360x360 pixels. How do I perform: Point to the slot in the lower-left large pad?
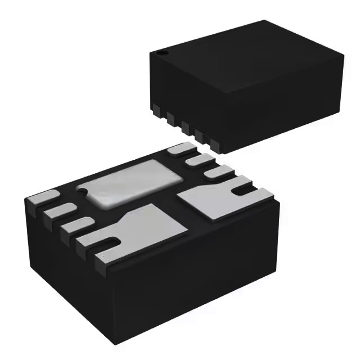coord(111,242)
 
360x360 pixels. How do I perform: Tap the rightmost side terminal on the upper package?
coord(212,145)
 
